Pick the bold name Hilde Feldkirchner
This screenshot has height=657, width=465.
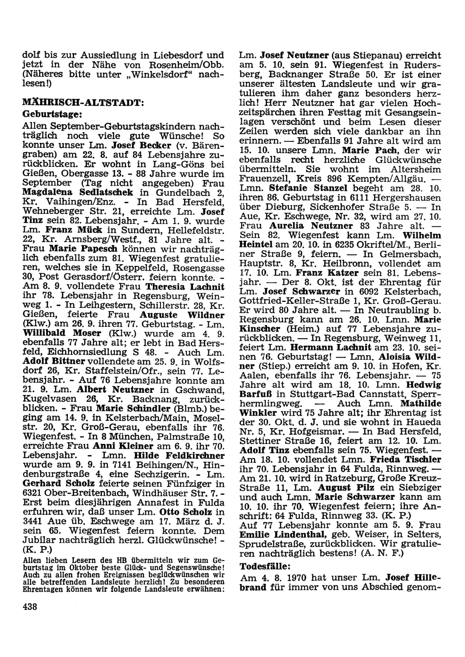179,455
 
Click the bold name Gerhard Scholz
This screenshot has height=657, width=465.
51,484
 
